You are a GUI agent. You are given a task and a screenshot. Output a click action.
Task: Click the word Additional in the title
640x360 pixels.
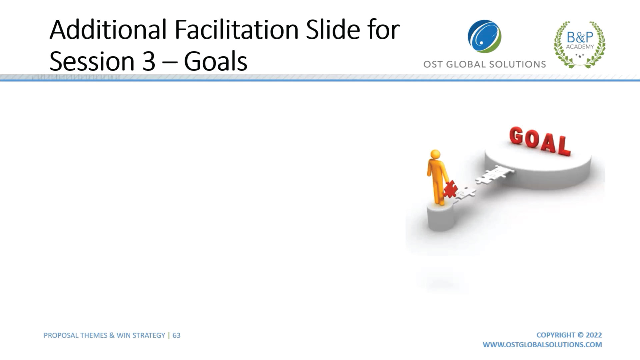(108, 29)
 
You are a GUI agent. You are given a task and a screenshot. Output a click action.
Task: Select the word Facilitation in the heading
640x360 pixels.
(236, 29)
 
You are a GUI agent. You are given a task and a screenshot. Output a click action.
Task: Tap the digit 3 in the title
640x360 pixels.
(149, 62)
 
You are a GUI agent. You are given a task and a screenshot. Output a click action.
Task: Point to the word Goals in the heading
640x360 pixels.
(215, 61)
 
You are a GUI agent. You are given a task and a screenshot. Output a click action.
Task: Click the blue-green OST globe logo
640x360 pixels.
(484, 36)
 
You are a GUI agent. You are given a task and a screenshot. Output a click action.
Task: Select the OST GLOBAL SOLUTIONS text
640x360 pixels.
(484, 64)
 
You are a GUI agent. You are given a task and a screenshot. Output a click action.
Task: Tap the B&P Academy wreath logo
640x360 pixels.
(580, 44)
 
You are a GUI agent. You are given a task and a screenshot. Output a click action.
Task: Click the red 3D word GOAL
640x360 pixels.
(540, 141)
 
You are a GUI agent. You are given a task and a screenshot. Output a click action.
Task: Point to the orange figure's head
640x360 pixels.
(435, 154)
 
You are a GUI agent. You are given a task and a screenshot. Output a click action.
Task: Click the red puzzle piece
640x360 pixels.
(450, 189)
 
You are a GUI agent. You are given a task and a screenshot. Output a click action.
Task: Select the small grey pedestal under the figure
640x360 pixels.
(440, 217)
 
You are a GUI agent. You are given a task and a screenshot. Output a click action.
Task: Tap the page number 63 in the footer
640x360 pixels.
(176, 335)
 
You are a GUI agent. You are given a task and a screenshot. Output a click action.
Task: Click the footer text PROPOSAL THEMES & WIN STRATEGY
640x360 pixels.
(104, 335)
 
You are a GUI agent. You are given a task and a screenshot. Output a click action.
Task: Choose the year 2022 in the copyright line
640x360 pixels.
(594, 335)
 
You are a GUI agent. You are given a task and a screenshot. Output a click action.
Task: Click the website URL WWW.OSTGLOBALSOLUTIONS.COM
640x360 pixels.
(542, 345)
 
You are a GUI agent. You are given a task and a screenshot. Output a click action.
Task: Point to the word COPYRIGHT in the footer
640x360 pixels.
(556, 335)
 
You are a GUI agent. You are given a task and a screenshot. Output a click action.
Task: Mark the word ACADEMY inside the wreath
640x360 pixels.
(580, 47)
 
